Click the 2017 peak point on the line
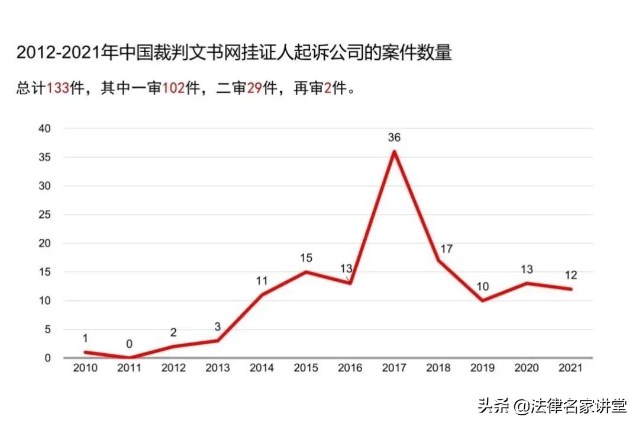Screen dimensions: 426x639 click(394, 151)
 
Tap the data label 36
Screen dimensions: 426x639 click(394, 137)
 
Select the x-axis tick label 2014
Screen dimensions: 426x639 click(262, 369)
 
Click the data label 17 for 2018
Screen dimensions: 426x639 click(446, 249)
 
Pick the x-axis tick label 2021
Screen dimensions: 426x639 click(571, 369)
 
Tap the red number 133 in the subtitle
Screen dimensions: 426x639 click(58, 89)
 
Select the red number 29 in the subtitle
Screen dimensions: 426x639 click(255, 89)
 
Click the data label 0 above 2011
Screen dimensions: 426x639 click(129, 344)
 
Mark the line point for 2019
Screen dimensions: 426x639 click(483, 300)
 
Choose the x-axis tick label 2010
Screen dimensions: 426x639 click(85, 369)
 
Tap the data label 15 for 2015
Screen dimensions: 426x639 click(306, 258)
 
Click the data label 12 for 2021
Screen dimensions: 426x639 click(571, 276)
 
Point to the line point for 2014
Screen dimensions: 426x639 click(262, 294)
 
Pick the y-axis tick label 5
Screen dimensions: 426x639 click(48, 329)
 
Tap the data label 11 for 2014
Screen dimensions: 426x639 click(262, 281)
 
